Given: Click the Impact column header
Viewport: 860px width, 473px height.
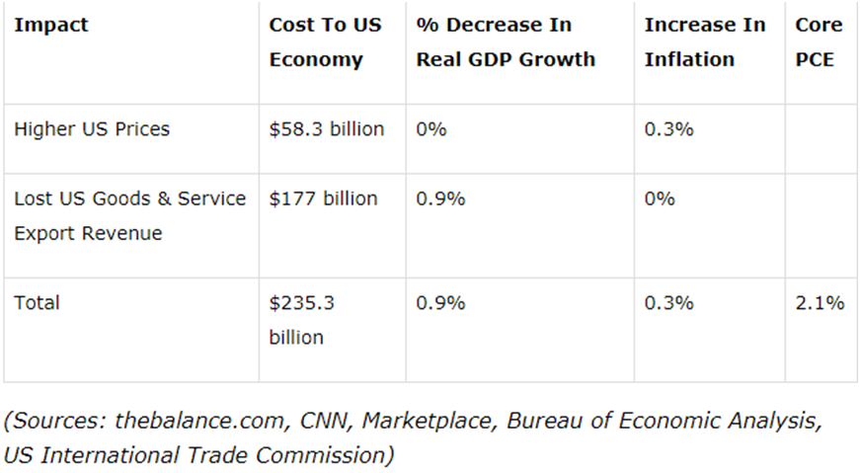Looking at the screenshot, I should tap(50, 25).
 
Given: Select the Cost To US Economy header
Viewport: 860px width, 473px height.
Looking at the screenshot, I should tap(325, 42).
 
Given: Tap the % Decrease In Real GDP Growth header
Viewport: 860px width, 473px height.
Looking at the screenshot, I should tap(506, 42).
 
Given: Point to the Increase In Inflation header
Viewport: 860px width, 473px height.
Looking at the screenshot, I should tap(704, 42).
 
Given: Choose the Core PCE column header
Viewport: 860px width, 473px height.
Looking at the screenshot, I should tap(819, 42).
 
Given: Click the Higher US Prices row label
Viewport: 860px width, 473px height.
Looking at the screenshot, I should tap(92, 129).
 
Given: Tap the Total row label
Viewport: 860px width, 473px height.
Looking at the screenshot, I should tap(37, 303).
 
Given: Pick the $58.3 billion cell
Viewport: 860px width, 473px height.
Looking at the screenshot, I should tap(326, 129).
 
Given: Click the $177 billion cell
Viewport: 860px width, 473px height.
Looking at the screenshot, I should tap(323, 198).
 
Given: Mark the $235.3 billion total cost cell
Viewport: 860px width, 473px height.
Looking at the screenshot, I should tap(301, 320).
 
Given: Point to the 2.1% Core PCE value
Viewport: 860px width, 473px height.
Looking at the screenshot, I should tap(820, 303).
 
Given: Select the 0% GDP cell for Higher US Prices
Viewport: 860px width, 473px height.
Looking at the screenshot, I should tap(431, 129).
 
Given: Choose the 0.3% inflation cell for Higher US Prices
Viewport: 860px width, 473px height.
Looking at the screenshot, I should tap(668, 129).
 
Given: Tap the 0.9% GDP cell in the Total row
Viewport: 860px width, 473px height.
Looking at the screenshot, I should tap(440, 303).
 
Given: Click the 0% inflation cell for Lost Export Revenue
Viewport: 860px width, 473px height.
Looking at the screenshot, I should tap(660, 198).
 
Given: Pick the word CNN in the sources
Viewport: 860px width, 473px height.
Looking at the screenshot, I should tap(325, 422).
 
